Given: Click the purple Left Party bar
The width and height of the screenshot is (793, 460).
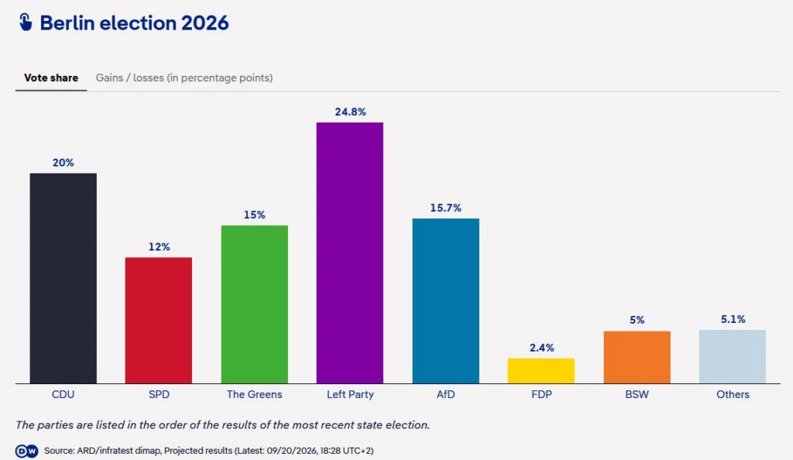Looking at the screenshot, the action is tap(350, 252).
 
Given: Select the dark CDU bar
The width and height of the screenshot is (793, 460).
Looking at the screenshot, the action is tap(64, 279).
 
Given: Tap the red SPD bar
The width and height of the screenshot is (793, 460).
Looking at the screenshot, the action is tap(159, 321).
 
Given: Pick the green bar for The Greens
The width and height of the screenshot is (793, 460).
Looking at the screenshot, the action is tap(254, 304).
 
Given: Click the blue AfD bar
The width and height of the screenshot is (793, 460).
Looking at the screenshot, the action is tap(445, 300).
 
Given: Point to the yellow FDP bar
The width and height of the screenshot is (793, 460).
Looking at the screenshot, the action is tap(541, 371).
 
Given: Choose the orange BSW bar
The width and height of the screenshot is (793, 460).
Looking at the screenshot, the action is tap(637, 357).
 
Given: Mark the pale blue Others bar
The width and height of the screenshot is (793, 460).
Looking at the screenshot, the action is tap(733, 357).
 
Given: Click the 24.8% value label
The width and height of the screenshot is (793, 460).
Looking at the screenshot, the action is tap(351, 112).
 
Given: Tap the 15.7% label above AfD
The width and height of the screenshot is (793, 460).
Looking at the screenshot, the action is tap(445, 208).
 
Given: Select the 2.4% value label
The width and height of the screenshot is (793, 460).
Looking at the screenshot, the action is tap(541, 348).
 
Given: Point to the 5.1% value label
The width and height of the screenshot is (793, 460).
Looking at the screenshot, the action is tap(733, 319).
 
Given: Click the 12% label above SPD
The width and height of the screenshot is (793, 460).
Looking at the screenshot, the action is tap(159, 247).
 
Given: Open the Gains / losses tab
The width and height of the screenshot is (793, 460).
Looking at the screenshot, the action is tap(184, 78).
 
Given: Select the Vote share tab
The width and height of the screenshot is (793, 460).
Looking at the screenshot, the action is tap(51, 78).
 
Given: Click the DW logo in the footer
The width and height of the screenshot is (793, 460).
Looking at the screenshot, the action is tap(26, 451).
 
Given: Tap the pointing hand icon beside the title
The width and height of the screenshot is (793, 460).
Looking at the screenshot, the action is tap(26, 22).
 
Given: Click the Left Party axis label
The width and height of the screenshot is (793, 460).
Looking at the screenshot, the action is tap(350, 394).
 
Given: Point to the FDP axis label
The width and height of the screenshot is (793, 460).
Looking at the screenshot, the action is tap(541, 394).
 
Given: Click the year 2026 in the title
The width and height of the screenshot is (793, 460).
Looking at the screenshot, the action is tap(204, 23).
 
